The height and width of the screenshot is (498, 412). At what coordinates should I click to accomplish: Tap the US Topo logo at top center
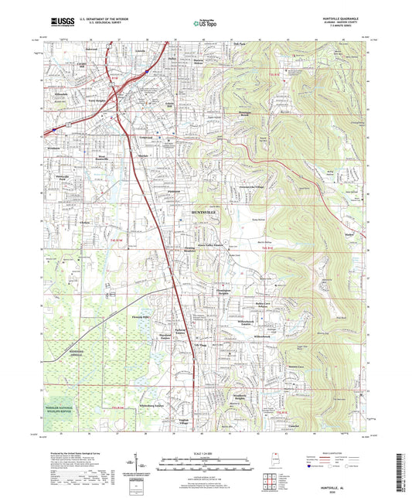(201, 24)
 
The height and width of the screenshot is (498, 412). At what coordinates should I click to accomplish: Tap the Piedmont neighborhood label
(175, 189)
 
